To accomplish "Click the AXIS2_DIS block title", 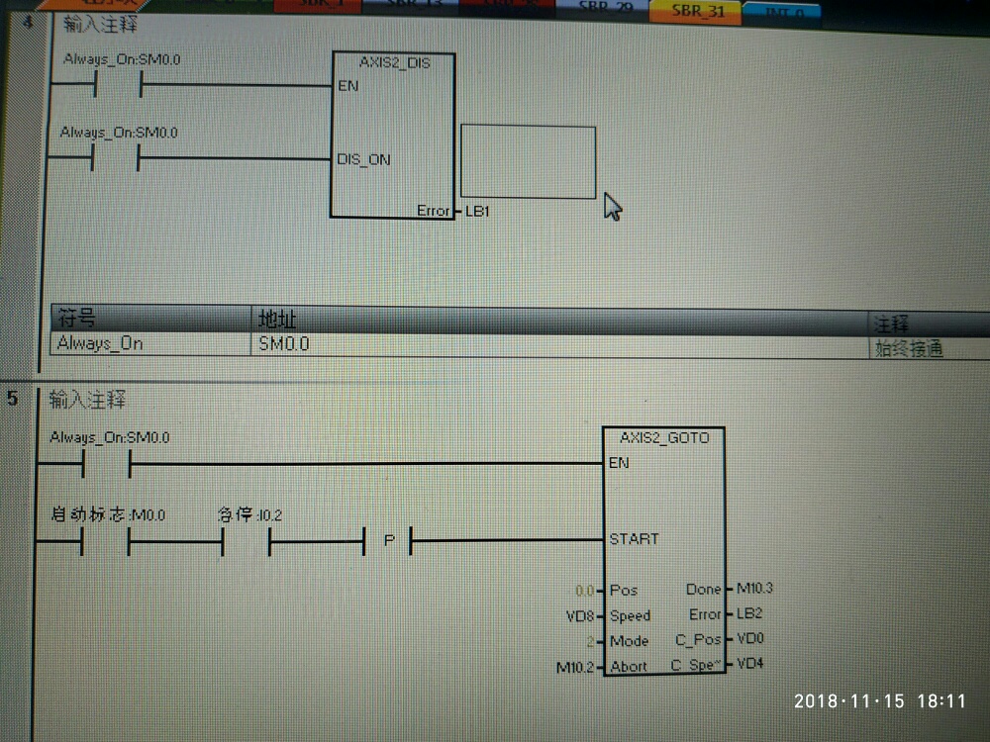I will [394, 62].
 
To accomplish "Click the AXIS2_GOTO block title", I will [664, 437].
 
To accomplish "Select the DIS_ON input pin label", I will [364, 159].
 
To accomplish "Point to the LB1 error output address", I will [477, 211].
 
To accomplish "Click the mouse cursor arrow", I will [612, 207].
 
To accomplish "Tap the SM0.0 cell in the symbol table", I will [283, 343].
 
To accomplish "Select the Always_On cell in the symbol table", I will [100, 343].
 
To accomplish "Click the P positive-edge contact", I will [388, 541].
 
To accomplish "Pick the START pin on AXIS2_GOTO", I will [634, 539].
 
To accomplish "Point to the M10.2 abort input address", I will [575, 667].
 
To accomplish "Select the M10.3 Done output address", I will [754, 589].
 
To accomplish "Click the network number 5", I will [12, 399].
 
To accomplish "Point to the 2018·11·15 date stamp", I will [850, 700].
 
